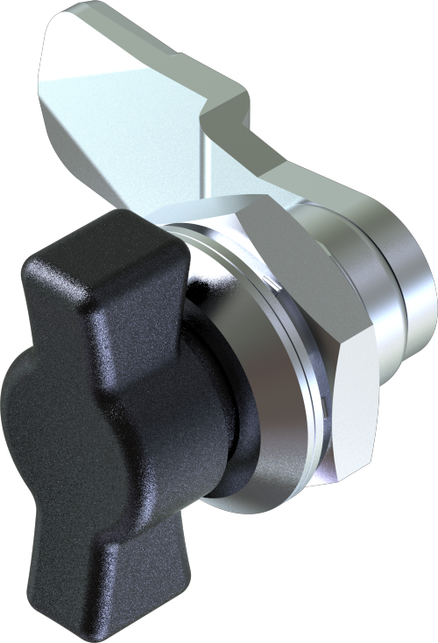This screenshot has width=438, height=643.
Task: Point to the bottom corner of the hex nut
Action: coord(333,477)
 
